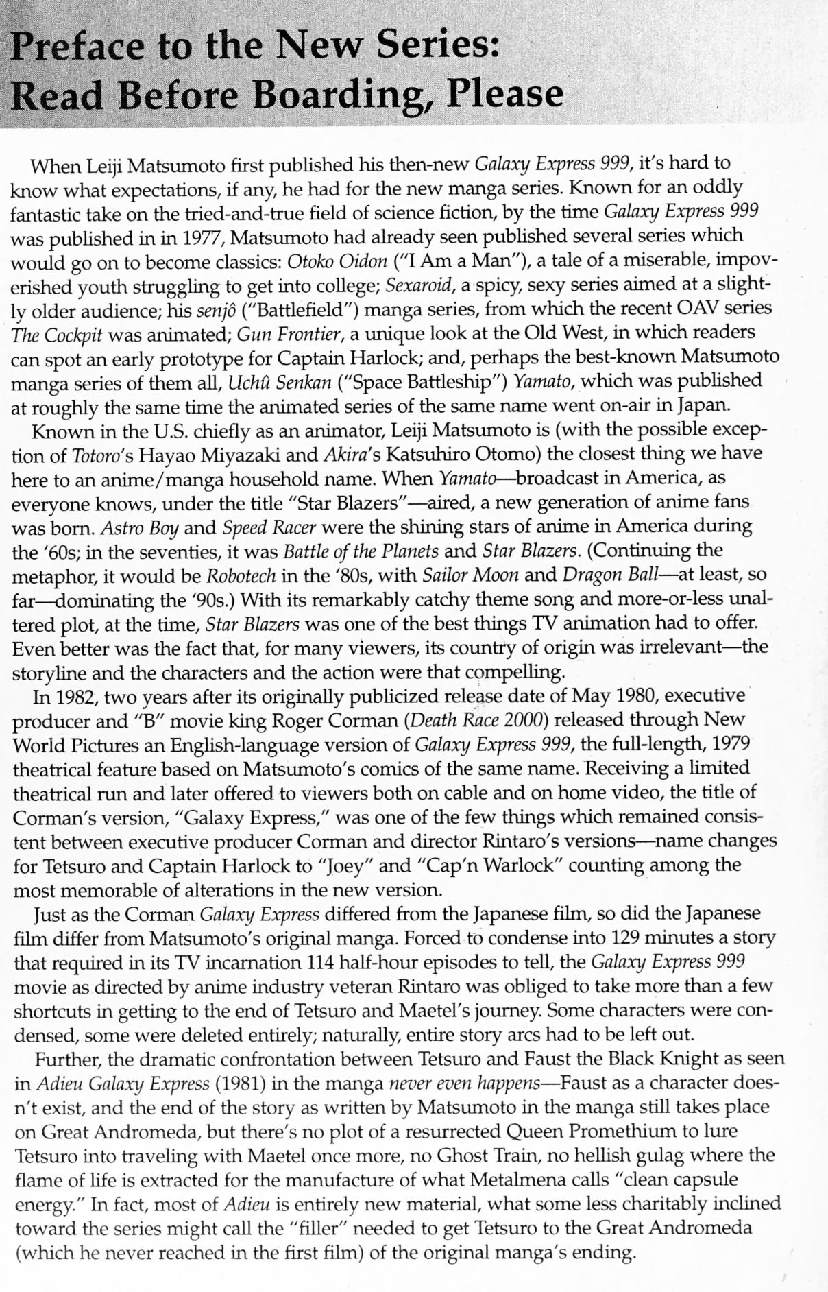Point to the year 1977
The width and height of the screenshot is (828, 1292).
[x=203, y=238]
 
